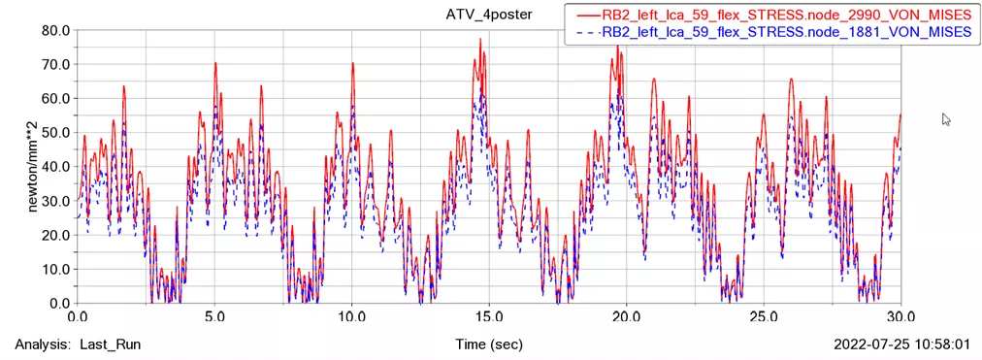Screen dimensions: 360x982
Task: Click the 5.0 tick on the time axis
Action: coord(214,316)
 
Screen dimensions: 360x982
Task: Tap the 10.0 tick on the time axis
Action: coord(352,316)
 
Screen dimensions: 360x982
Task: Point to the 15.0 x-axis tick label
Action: coord(489,316)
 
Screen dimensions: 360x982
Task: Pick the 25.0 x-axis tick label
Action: coord(765,316)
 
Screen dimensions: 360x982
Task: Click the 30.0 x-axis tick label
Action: coord(901,316)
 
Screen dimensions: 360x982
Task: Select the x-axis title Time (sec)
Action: coord(489,344)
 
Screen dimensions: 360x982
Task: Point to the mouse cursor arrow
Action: coord(946,118)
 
